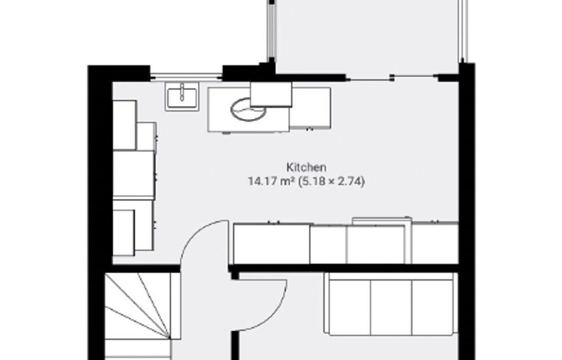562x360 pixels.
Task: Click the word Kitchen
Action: pyautogui.click(x=306, y=167)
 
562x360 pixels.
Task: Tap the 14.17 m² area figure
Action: pyautogui.click(x=271, y=182)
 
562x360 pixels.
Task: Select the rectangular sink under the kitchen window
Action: pyautogui.click(x=181, y=97)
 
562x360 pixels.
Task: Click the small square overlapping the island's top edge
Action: pyautogui.click(x=271, y=94)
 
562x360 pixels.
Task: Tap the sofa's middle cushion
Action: pyautogui.click(x=391, y=307)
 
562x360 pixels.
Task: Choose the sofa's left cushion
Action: pyautogui.click(x=350, y=307)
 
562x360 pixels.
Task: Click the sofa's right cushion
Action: pyautogui.click(x=431, y=307)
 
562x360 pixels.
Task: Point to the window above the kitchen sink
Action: pyautogui.click(x=186, y=76)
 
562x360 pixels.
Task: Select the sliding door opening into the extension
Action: pyautogui.click(x=392, y=78)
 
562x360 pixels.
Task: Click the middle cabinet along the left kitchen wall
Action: pyautogui.click(x=133, y=174)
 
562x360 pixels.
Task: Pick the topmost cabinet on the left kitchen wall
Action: pyautogui.click(x=124, y=125)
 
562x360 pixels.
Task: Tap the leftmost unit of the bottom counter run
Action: pyautogui.click(x=271, y=244)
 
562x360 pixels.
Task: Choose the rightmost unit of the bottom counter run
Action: pyautogui.click(x=435, y=244)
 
